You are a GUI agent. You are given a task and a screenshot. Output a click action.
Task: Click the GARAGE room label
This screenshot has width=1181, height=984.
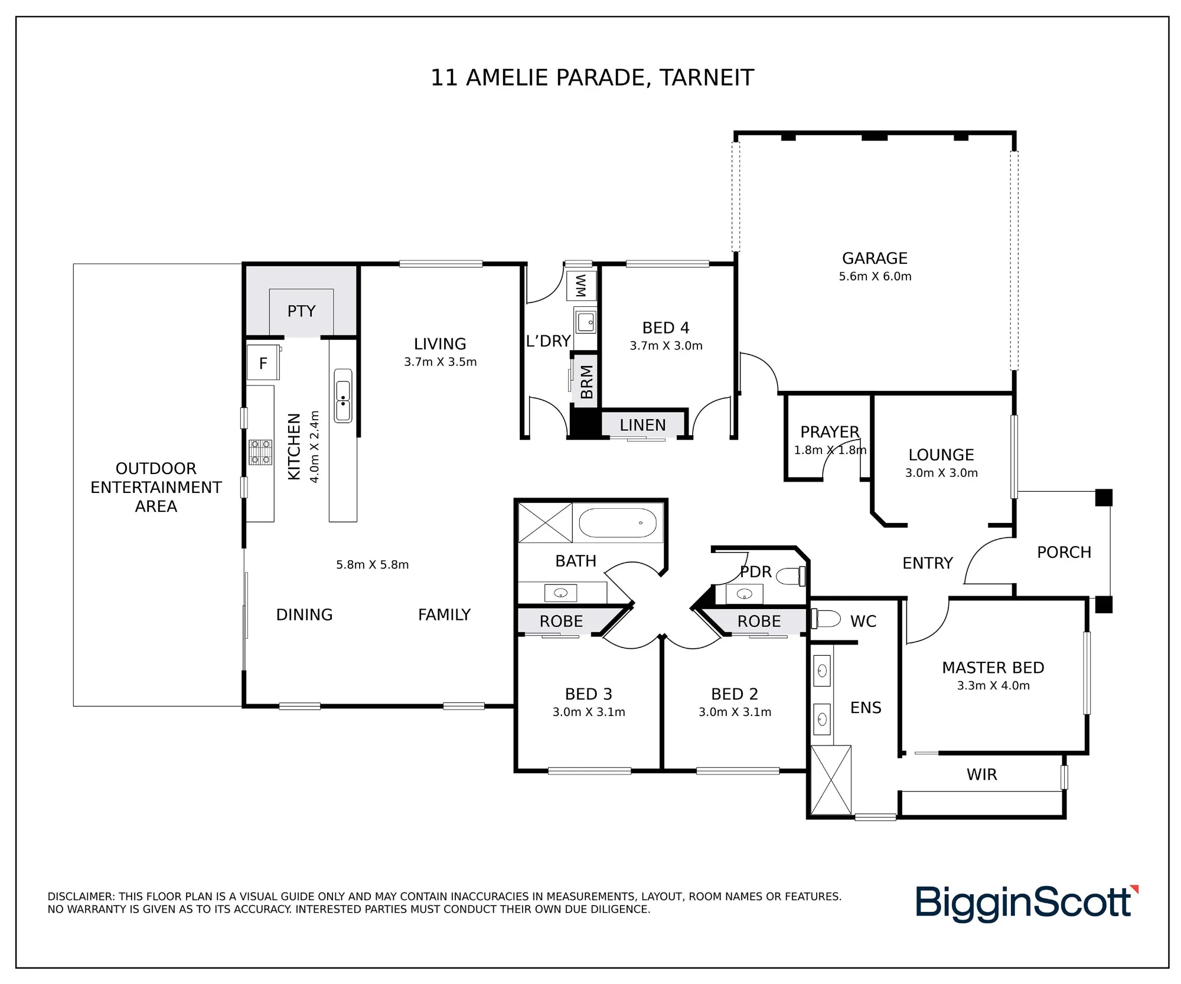[875, 258]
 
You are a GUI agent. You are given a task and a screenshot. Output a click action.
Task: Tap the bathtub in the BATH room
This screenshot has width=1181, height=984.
[618, 522]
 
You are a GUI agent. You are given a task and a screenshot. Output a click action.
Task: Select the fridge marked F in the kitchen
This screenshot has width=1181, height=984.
[263, 362]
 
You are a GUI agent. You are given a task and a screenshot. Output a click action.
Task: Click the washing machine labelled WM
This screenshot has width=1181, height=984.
[581, 286]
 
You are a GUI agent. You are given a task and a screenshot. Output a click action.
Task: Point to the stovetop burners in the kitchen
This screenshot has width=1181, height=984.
[260, 452]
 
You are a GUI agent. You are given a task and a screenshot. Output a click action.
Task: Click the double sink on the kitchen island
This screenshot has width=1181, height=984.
[343, 395]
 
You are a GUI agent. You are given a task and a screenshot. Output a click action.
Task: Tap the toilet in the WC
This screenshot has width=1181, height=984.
[826, 619]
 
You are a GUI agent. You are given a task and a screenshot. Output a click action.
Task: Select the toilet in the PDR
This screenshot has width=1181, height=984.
[790, 576]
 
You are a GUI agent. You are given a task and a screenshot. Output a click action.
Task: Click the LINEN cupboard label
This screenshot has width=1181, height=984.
[642, 425]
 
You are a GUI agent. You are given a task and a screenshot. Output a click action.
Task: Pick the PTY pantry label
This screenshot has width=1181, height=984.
[301, 311]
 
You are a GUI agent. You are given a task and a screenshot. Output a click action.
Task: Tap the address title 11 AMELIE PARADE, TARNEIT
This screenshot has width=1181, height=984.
[592, 78]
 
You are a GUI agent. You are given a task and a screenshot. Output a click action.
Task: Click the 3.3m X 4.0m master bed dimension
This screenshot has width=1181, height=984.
[993, 685]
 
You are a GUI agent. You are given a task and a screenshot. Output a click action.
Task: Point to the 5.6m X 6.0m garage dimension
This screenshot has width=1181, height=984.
[875, 276]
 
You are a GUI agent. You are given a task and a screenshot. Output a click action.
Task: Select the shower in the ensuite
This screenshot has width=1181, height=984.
[831, 780]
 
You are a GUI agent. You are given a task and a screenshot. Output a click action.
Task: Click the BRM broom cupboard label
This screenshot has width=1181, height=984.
[586, 382]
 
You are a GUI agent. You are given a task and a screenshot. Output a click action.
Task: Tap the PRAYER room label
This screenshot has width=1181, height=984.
[830, 432]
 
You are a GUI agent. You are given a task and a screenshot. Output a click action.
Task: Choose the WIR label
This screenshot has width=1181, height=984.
[981, 774]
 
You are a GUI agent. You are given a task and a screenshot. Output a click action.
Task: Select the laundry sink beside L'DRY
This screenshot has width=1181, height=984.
[586, 322]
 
